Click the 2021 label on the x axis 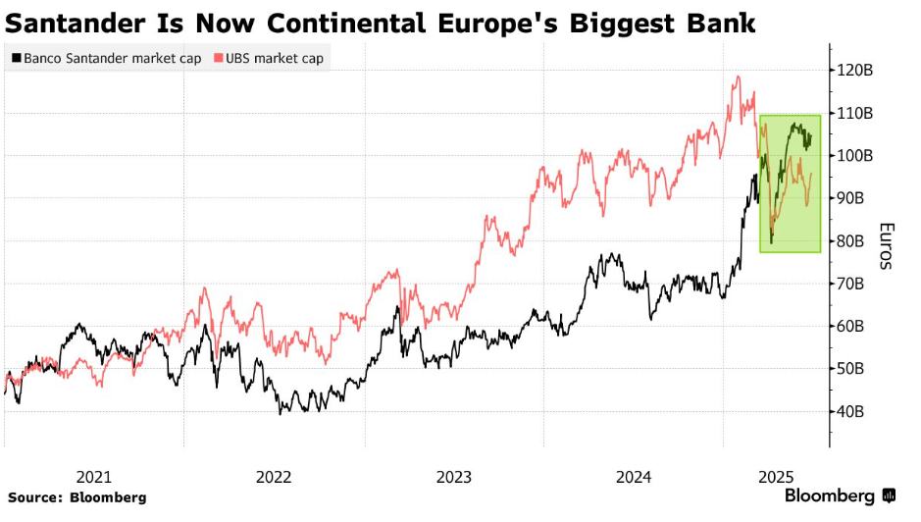click(93, 477)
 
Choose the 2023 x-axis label click(454, 477)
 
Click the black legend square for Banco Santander click(15, 59)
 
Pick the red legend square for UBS click(219, 59)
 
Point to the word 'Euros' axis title click(886, 246)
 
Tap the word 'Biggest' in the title click(622, 22)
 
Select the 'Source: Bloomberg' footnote click(77, 497)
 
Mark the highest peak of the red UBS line click(736, 77)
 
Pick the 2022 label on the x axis click(274, 477)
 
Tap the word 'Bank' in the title click(721, 22)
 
